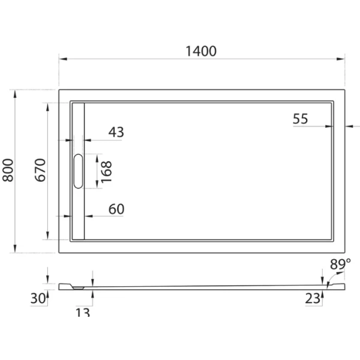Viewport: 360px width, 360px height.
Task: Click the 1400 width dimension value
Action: [x=200, y=51]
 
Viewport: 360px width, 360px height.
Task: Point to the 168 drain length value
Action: [x=106, y=172]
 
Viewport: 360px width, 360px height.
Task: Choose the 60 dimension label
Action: [x=116, y=209]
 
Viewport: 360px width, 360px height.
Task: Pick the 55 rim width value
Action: [x=300, y=119]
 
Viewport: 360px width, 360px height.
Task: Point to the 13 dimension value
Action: [x=83, y=311]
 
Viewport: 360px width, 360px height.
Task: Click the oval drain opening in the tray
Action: [x=78, y=172]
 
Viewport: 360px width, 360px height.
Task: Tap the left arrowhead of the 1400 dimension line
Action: [x=62, y=59]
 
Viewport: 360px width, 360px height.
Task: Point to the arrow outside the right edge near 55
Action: [x=349, y=127]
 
